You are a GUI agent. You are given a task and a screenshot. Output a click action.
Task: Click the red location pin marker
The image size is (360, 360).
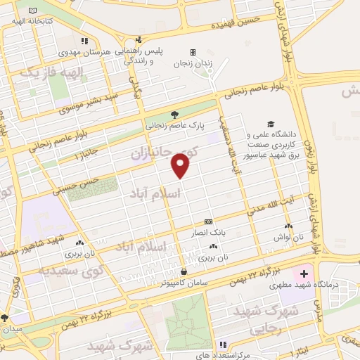point(181,166)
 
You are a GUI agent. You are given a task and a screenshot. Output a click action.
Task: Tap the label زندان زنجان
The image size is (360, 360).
point(192,63)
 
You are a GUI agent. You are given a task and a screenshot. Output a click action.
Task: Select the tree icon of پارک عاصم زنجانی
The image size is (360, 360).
point(174,115)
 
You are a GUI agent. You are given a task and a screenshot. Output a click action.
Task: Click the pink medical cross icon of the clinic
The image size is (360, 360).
point(303,272)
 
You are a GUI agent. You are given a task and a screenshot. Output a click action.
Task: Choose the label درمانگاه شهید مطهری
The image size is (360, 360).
point(291,286)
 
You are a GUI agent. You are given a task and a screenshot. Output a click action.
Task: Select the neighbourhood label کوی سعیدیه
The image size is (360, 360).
point(71,268)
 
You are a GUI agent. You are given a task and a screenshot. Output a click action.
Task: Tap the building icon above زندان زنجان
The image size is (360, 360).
point(192,52)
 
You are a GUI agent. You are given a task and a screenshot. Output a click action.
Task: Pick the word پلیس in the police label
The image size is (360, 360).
point(174,51)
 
